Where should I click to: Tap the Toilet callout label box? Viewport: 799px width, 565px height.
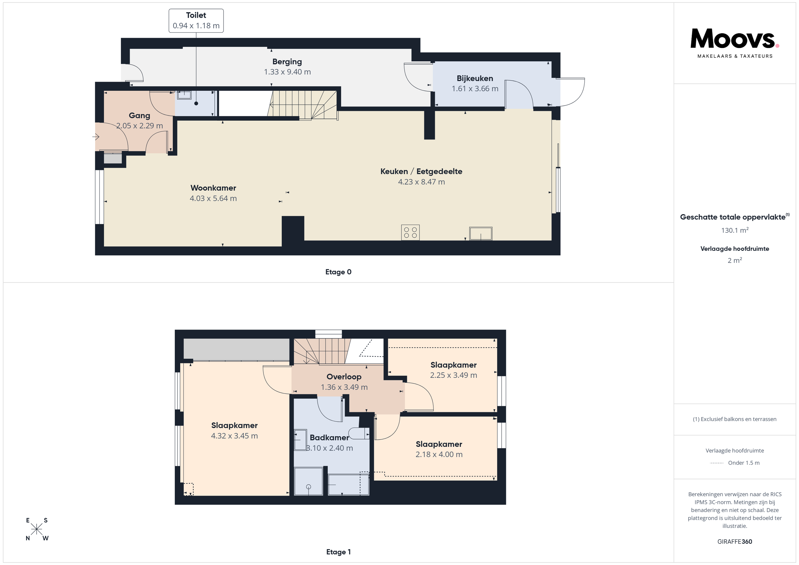point(196,21)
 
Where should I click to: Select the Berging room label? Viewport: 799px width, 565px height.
point(287,62)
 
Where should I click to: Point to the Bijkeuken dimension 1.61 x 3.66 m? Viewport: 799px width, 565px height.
point(475,89)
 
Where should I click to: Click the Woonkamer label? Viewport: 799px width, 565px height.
point(213,188)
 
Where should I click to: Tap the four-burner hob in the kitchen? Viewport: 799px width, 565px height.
point(410,233)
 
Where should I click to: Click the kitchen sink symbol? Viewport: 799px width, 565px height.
point(481,234)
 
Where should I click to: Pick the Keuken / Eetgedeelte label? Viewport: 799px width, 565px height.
point(421,171)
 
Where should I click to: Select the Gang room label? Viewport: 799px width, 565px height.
point(140,115)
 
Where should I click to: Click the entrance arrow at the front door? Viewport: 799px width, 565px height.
point(96,137)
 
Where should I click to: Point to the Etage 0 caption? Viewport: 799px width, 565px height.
point(338,272)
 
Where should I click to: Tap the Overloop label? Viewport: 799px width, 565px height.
point(344,377)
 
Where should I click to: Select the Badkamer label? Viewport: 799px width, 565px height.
point(329,438)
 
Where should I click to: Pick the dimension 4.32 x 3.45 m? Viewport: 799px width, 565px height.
point(234,436)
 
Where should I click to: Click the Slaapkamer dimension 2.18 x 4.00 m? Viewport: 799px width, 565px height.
point(439,454)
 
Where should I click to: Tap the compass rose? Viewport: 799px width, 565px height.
point(37,529)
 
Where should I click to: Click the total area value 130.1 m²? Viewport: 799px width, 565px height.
point(735,230)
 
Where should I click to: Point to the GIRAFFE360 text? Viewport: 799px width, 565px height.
point(735,542)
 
